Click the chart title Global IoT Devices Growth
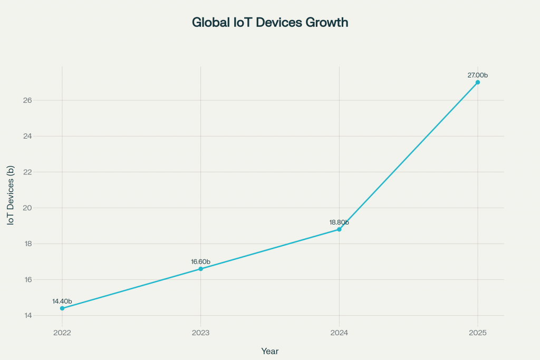[269, 23]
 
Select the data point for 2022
[62, 308]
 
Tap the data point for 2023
[200, 269]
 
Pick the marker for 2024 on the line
[339, 229]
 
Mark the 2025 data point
[478, 82]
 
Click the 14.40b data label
[62, 301]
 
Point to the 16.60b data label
[200, 262]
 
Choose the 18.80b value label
[339, 222]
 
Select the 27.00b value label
[478, 75]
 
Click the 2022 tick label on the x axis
[62, 333]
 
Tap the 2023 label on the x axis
[200, 333]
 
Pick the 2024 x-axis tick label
[339, 333]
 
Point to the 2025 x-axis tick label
[478, 333]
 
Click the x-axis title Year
[269, 351]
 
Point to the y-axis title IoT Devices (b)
[11, 196]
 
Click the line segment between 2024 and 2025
[409, 155]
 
